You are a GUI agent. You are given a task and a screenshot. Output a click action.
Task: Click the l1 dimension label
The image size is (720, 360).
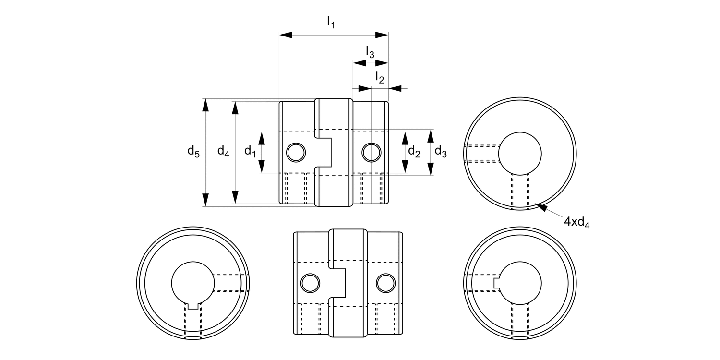330,22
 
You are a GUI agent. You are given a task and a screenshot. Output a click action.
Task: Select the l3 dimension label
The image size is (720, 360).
370,52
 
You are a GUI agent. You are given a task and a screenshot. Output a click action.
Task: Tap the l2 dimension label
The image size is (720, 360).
380,77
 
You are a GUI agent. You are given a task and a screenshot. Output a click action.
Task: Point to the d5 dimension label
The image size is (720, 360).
193,152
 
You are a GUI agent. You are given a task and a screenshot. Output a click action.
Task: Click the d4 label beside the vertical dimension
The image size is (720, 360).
223,152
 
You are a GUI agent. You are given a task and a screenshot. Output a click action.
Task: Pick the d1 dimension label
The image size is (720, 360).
250,152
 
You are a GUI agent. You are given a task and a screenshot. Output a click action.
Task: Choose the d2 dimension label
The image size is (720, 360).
414,152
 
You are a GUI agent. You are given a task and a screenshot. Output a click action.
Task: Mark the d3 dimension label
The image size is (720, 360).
441,152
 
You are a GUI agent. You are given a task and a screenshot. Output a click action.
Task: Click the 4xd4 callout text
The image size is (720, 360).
576,222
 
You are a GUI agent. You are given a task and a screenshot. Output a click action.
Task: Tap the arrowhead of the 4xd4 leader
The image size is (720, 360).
539,207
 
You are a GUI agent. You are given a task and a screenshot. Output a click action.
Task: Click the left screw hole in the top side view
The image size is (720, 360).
296,152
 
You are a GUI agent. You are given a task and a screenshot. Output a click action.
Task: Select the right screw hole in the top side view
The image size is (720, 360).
371,152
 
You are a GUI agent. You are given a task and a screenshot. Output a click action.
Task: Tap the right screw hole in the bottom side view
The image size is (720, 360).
384,283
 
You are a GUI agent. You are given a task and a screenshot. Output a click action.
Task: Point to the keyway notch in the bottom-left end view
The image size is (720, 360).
192,305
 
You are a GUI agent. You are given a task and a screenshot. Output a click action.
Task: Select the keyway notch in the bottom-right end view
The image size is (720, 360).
497,283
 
